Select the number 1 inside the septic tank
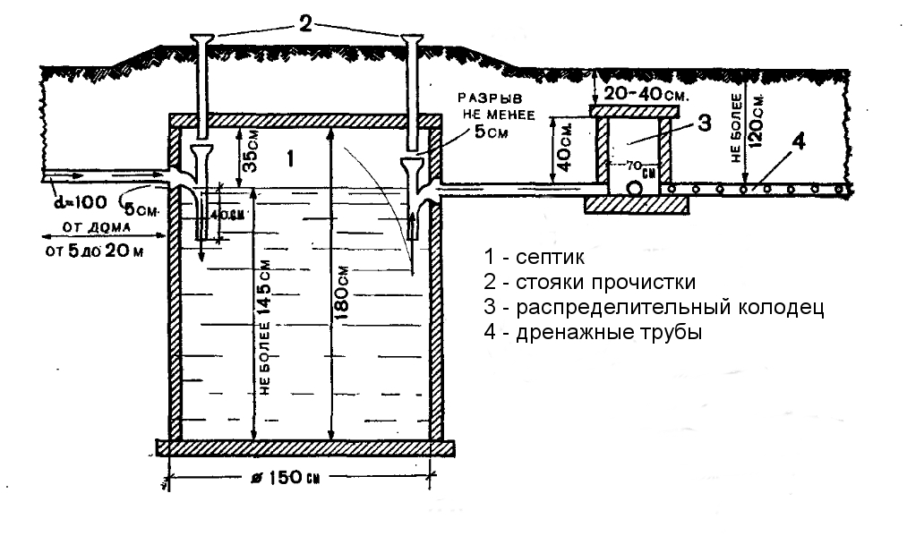288,158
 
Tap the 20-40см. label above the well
639,92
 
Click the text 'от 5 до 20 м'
94,250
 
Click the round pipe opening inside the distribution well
635,190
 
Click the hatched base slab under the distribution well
637,205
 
